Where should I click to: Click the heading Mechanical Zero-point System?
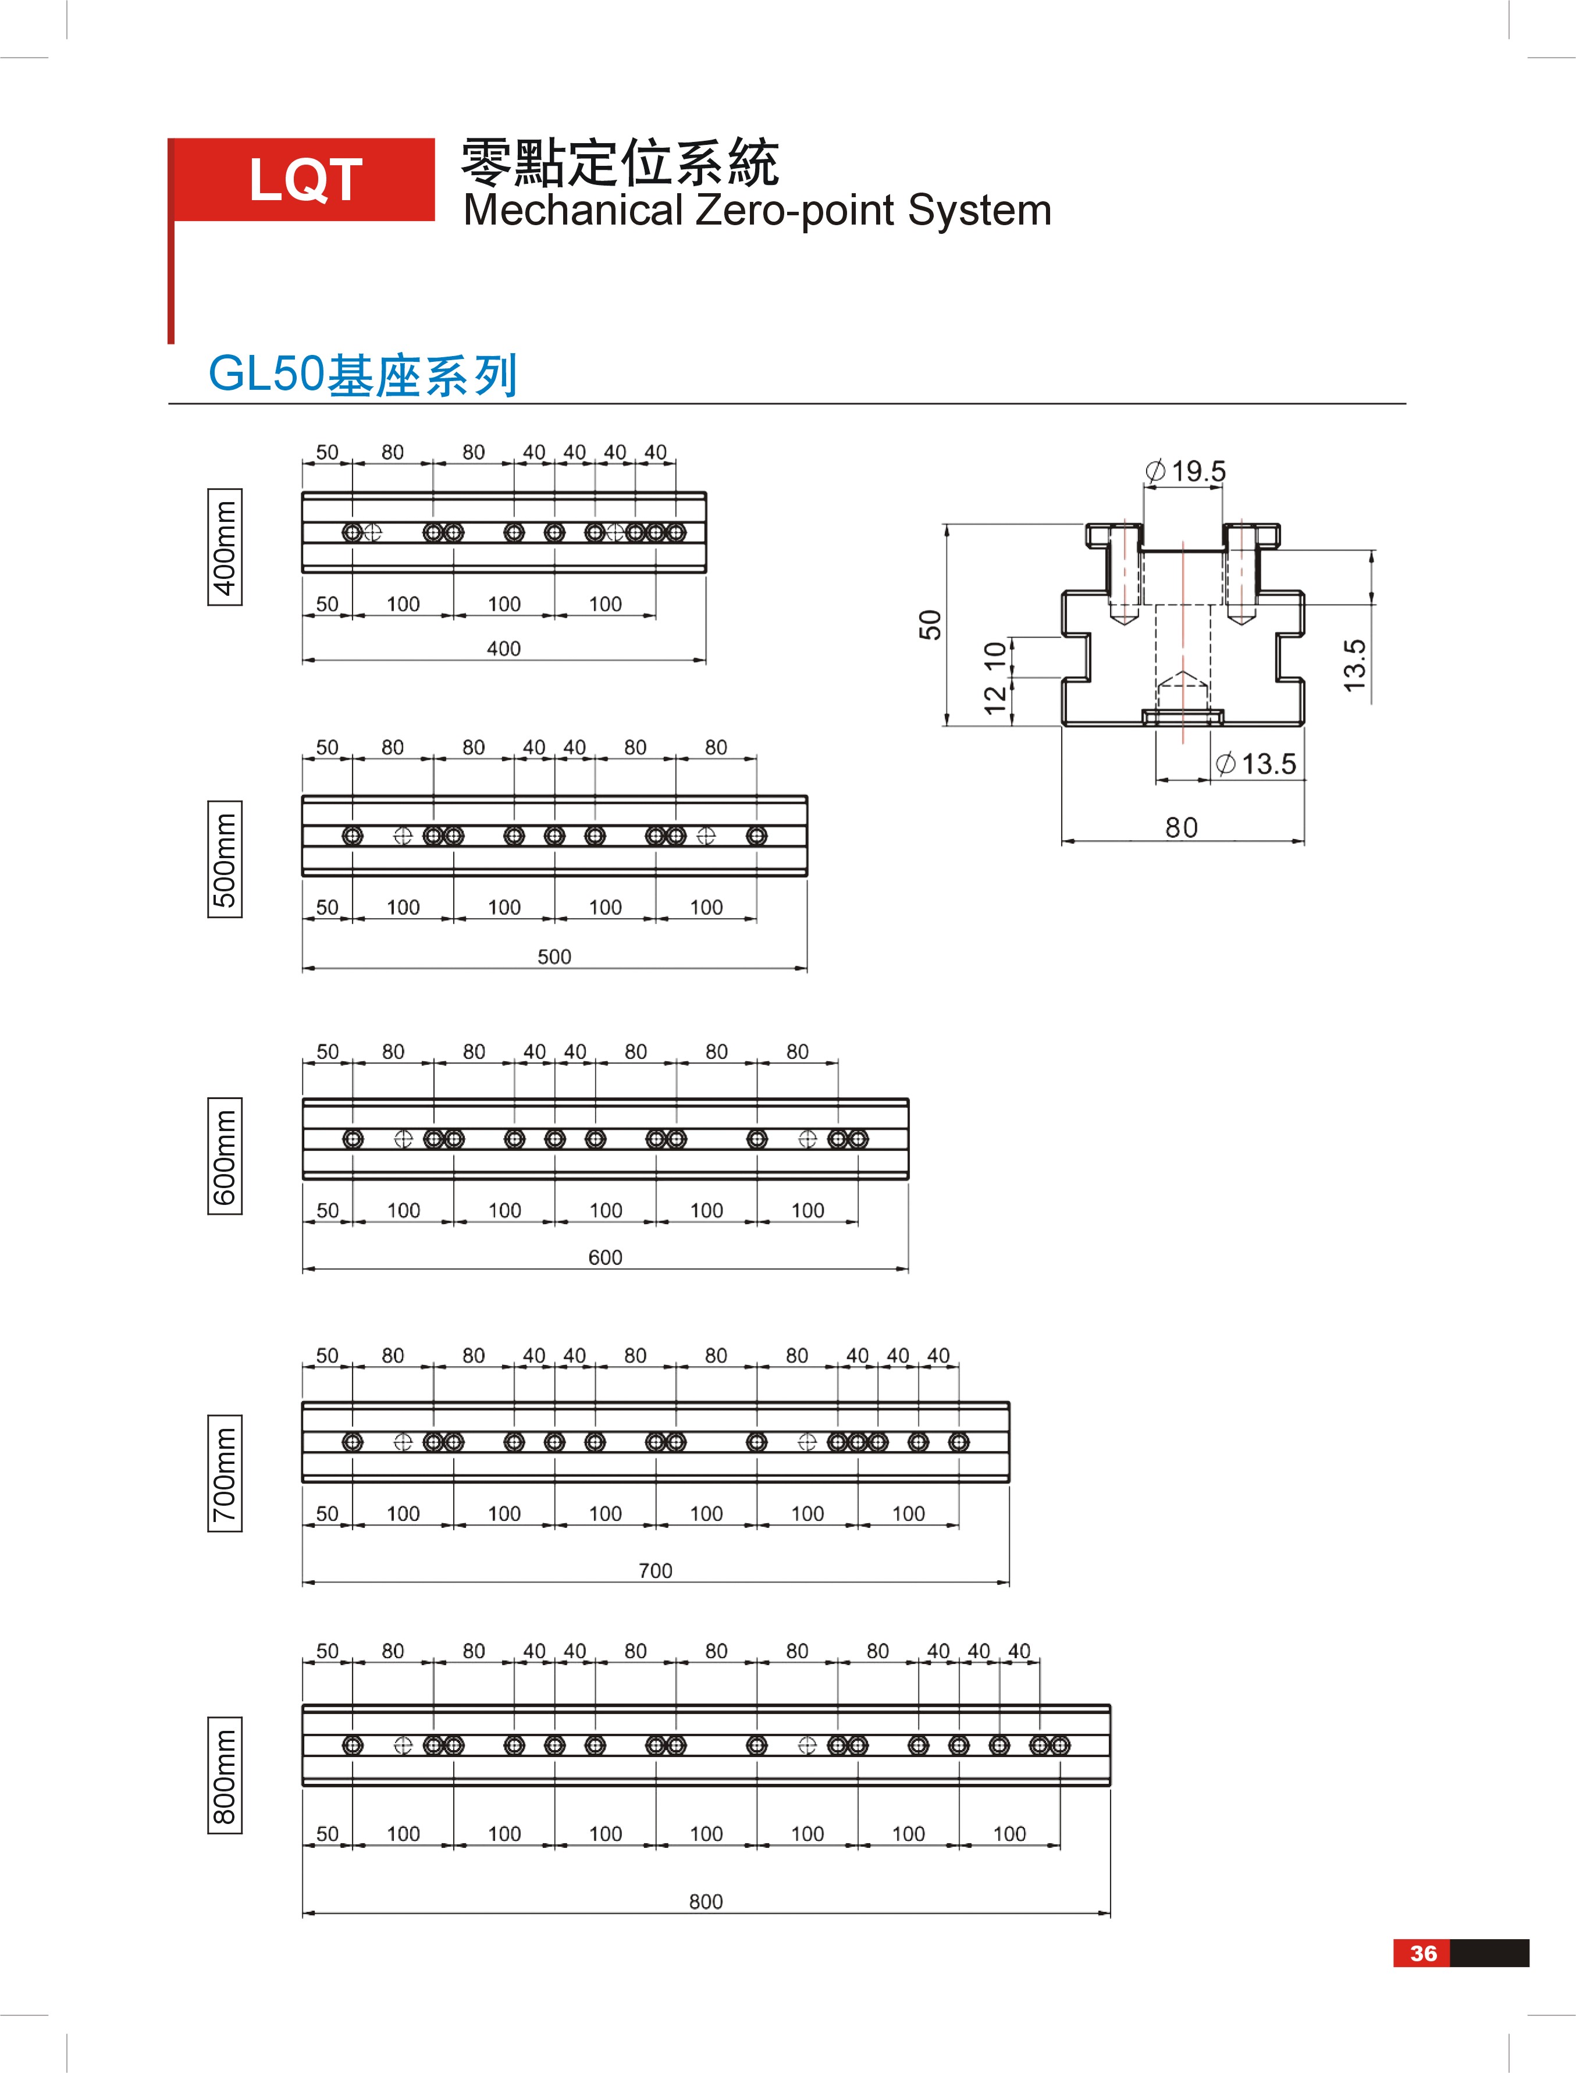[x=757, y=210]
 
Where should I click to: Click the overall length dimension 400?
[x=504, y=648]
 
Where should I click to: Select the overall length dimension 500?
[x=554, y=956]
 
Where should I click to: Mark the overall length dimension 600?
[x=605, y=1257]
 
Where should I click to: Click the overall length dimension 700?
[x=656, y=1570]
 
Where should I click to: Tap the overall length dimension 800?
[x=706, y=1901]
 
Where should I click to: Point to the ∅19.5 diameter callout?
[x=1186, y=471]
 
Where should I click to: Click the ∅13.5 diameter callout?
[x=1256, y=763]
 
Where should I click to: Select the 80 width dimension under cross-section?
[x=1182, y=827]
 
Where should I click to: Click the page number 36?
[x=1423, y=1953]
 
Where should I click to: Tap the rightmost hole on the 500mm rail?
[x=757, y=835]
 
